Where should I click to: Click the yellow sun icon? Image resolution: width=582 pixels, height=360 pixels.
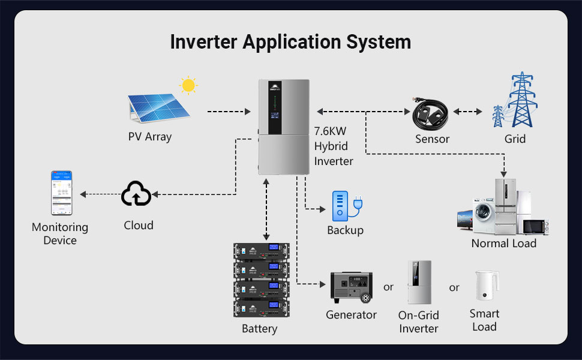pyautogui.click(x=188, y=85)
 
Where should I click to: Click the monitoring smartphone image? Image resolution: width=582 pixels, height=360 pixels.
pyautogui.click(x=61, y=193)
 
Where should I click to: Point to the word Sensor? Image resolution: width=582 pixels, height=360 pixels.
pyautogui.click(x=432, y=139)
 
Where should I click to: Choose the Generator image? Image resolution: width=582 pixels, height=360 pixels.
pyautogui.click(x=351, y=287)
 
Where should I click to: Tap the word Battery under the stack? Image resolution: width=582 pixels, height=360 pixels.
pyautogui.click(x=259, y=329)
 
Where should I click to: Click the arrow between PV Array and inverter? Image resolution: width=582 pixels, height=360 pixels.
pyautogui.click(x=229, y=112)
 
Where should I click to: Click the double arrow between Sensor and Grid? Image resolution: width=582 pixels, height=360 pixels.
pyautogui.click(x=469, y=112)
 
